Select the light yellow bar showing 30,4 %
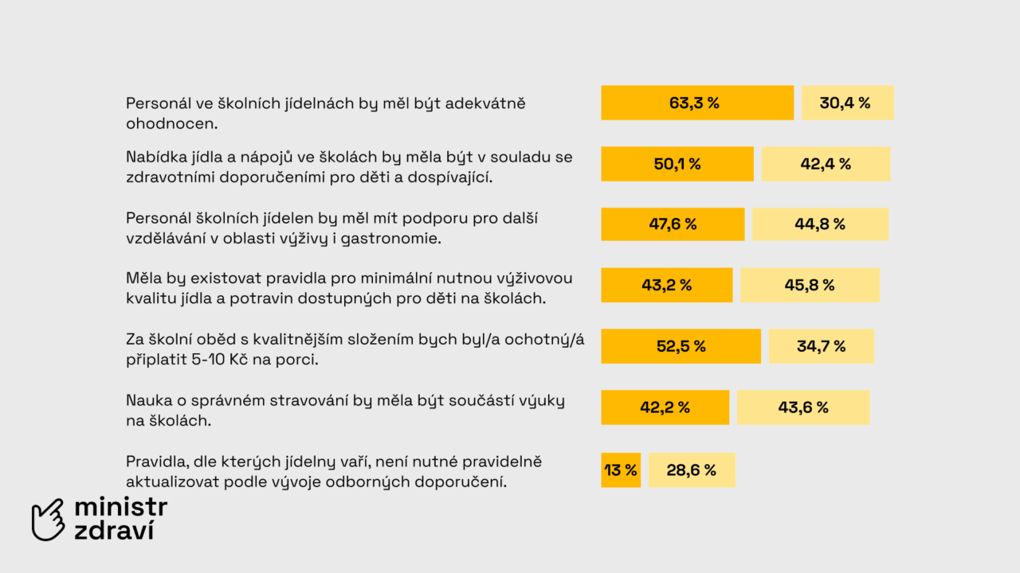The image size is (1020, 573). (847, 103)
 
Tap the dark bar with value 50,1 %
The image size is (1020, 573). (677, 164)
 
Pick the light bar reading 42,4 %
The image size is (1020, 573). (826, 164)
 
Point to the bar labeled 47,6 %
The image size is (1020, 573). (673, 224)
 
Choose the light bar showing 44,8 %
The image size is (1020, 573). (820, 224)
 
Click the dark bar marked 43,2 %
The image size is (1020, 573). (666, 285)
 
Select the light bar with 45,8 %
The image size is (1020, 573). (810, 285)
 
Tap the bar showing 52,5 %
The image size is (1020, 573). (681, 346)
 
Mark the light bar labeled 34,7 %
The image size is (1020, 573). (822, 346)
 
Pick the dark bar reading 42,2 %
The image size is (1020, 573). (665, 407)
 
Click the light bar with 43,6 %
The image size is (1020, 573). (803, 407)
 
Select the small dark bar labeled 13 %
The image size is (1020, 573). (621, 470)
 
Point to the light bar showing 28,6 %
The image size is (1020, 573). (692, 470)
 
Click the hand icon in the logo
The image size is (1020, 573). (48, 520)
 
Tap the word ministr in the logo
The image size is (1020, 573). (120, 508)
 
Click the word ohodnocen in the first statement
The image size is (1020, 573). (171, 124)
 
